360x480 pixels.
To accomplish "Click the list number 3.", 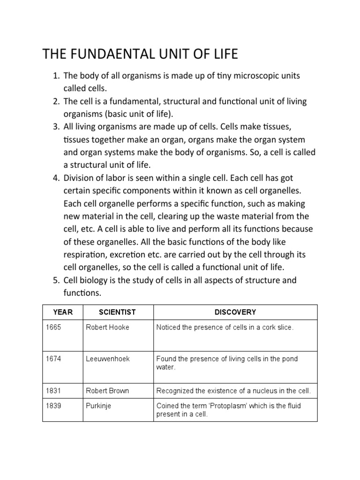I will [56, 127].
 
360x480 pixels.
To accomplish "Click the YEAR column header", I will [63, 312].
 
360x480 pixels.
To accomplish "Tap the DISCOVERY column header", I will [235, 312].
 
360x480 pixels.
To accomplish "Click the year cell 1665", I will [53, 328].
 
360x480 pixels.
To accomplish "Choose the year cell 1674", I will [53, 359].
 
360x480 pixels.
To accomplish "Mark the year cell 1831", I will [53, 390].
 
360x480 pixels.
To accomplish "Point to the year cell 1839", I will [53, 406].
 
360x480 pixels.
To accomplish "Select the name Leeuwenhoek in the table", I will [108, 359].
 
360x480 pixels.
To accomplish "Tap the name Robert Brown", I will [107, 390].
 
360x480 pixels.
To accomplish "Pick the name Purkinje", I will [98, 406].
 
